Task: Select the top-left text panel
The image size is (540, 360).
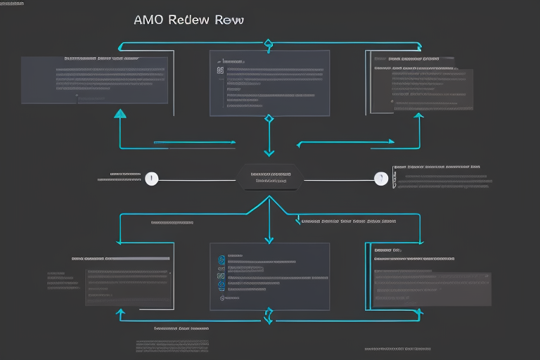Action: (x=94, y=80)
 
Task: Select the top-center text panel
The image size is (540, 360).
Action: (x=269, y=82)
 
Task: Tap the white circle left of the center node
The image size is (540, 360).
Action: (x=151, y=179)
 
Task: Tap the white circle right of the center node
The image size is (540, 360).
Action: (x=381, y=179)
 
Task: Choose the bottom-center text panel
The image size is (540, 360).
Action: (x=269, y=276)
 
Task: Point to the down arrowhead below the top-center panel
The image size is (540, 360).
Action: (x=269, y=151)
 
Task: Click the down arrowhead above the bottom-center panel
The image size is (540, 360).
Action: (x=269, y=240)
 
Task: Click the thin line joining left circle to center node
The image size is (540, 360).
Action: (x=197, y=179)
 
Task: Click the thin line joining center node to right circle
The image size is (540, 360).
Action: (x=337, y=179)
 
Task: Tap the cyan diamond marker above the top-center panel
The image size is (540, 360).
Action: (x=268, y=46)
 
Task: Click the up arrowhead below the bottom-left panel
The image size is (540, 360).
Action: (x=121, y=314)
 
